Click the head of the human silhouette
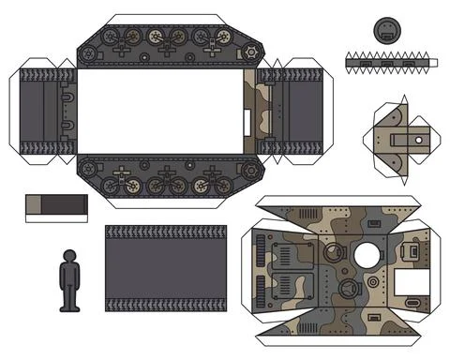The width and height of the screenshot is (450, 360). [68, 256]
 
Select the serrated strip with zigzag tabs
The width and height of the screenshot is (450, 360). [387, 63]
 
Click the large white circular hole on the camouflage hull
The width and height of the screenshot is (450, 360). [367, 253]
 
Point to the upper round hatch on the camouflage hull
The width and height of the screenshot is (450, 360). [332, 253]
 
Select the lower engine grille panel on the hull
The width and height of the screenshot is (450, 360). [285, 289]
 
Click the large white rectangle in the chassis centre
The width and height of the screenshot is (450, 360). [158, 111]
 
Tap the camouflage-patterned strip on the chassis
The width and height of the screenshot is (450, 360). [250, 111]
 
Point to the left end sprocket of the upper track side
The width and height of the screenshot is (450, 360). [89, 53]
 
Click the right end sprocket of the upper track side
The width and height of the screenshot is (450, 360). [248, 53]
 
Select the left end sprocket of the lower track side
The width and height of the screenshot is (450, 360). [89, 170]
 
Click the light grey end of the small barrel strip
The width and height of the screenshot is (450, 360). [34, 203]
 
